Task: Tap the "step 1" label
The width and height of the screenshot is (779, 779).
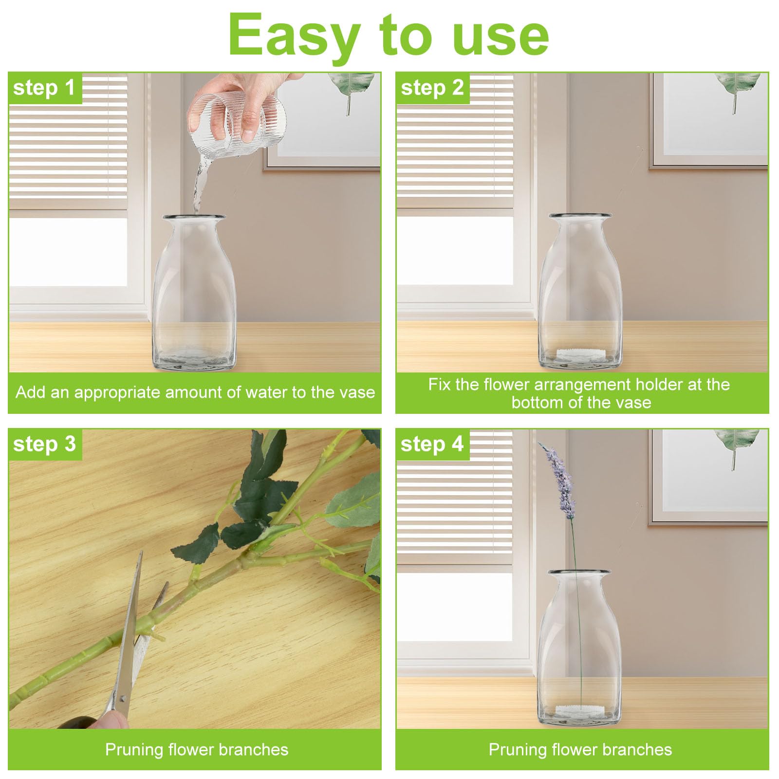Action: (x=44, y=88)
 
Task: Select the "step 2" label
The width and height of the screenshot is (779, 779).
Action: (x=432, y=88)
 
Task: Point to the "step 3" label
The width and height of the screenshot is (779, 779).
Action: (x=44, y=444)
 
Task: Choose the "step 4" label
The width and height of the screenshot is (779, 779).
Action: (x=432, y=444)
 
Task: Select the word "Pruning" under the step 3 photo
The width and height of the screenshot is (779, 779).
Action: (x=134, y=749)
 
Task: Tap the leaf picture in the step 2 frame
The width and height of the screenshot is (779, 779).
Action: (x=737, y=90)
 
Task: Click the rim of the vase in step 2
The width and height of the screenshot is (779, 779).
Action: (x=580, y=216)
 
